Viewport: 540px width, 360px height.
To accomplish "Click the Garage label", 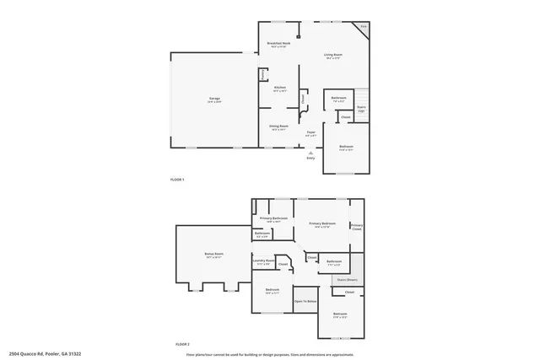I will coord(214,99).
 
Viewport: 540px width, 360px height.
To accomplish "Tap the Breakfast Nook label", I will coord(278,43).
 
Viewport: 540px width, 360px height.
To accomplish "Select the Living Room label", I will coord(333,56).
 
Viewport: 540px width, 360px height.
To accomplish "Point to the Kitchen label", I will coord(279,87).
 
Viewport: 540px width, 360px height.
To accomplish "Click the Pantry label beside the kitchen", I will coord(263,74).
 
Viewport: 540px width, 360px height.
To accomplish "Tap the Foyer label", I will coord(310,132).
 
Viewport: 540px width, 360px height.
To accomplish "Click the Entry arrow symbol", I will coord(310,152).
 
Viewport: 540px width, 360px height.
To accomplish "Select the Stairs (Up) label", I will coord(361,108).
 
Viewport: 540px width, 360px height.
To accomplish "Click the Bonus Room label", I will coord(213,254).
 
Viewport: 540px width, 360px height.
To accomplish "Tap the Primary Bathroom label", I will coord(273,218).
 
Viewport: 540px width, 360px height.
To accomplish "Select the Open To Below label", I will coord(305,300).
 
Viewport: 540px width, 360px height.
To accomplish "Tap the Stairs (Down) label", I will coord(348,278).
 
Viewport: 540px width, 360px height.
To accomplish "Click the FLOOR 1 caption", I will coord(177,180).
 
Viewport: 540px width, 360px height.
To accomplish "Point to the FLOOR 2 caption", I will coord(182,344).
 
